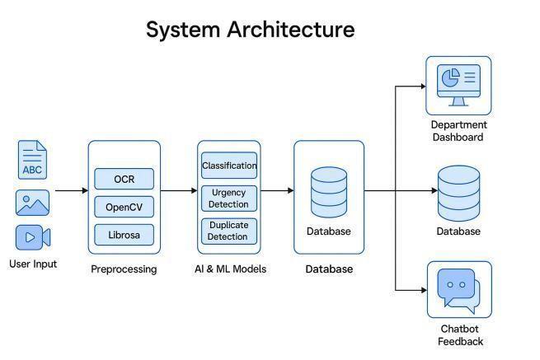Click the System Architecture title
pos(250,30)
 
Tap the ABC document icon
pos(32,160)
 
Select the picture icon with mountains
pos(32,203)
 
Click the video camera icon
pos(32,237)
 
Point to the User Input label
pos(34,264)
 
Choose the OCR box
pos(124,179)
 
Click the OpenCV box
pos(124,207)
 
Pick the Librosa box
pos(124,235)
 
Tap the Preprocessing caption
pos(124,269)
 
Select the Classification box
pos(229,166)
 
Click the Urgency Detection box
pos(229,199)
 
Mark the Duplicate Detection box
pos(229,231)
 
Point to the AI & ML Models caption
pos(229,269)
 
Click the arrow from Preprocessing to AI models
pos(178,191)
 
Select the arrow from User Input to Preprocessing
pos(72,191)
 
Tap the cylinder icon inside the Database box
pos(329,192)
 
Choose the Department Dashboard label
pos(458,131)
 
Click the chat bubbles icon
pos(458,290)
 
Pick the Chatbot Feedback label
pos(460,335)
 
